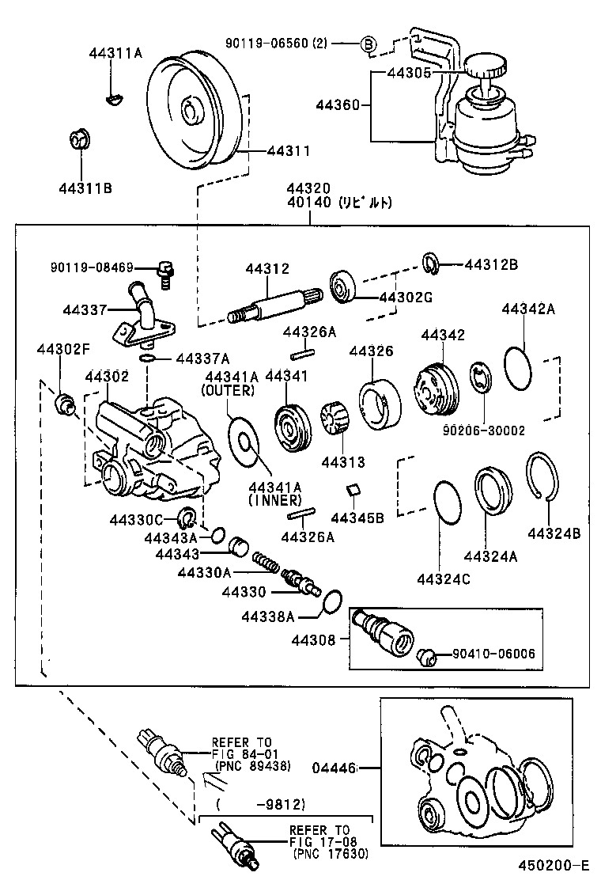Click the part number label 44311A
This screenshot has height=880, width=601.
[115, 53]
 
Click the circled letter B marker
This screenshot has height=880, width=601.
[369, 44]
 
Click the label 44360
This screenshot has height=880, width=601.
[338, 104]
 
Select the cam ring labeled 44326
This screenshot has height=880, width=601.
[378, 404]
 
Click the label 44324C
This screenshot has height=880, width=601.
[444, 579]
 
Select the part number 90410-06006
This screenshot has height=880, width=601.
[493, 654]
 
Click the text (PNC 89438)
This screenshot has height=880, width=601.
[252, 766]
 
